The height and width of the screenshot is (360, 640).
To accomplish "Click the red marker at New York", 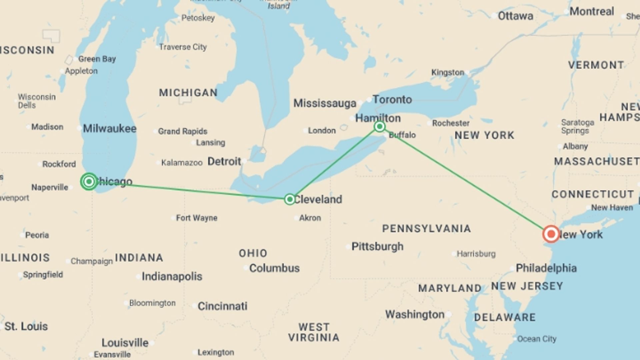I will pos(551,234).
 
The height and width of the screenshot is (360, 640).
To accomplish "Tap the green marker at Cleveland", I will pos(290,199).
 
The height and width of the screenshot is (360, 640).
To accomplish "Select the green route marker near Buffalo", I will pos(379,126).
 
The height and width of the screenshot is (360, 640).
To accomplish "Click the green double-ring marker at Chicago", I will pos(89,181).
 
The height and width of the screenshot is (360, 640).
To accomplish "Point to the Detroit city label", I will pos(224,162).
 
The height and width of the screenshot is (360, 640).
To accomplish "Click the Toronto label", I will pos(392,99).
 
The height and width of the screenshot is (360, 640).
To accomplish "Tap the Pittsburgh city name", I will pos(377,247).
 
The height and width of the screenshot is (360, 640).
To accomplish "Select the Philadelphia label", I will pos(546,268).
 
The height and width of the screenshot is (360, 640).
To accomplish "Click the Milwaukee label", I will pos(110,128).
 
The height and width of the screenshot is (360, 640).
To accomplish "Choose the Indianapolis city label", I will pos(172,276).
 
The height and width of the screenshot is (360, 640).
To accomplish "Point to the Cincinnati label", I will pos(222,306).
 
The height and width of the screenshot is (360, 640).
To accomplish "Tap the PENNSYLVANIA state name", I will pos(426,229).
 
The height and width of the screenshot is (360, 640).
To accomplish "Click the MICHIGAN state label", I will pos(188,93).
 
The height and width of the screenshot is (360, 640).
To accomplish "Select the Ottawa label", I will pos(515,16).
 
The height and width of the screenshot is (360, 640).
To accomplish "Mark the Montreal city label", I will pos(592,11).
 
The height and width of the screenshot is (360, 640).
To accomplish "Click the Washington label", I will pos(415,314).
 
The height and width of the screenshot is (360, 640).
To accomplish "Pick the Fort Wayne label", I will pos(197,218).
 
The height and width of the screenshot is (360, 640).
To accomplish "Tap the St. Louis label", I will pos(26,326).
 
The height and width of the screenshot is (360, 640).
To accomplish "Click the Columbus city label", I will pos(274,268).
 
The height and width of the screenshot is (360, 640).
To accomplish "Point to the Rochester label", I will pos(451,123).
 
